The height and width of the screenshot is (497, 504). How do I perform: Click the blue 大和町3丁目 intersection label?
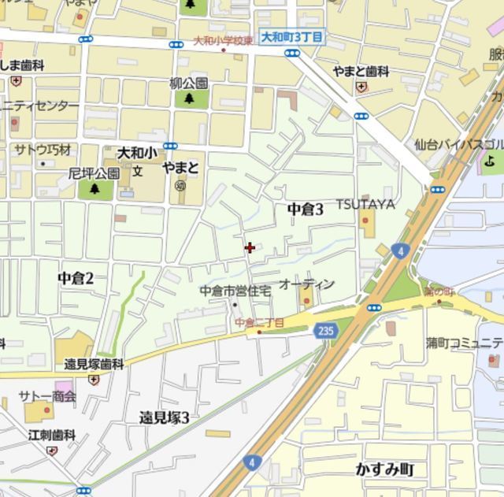(x=291, y=37)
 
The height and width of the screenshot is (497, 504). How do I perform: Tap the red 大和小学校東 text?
(x=224, y=41)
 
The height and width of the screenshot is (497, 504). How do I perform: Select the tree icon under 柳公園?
(x=190, y=98)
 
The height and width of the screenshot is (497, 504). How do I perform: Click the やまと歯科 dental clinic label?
(x=361, y=72)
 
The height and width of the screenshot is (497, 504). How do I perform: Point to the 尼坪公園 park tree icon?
(x=94, y=189)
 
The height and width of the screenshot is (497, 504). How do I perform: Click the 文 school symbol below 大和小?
(x=137, y=170)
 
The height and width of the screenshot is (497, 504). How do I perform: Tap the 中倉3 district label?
(x=306, y=209)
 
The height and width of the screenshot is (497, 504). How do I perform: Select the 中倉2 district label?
(x=76, y=278)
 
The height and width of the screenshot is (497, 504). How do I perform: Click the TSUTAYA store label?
(x=365, y=204)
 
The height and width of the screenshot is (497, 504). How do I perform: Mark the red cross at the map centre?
(x=250, y=248)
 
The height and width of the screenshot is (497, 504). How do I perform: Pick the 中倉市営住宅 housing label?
(x=235, y=291)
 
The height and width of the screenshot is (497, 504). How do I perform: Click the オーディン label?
(x=307, y=284)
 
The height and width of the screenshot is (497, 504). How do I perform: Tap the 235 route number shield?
(x=324, y=332)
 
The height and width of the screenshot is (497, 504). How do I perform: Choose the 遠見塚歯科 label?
(x=94, y=364)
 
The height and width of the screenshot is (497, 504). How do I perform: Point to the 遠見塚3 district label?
(x=165, y=417)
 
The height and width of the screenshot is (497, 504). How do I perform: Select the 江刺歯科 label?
(x=52, y=435)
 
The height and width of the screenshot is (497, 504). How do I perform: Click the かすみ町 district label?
(x=385, y=469)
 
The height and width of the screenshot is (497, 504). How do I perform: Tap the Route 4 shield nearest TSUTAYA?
(x=402, y=251)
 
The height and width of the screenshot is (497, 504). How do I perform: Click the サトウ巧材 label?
(x=43, y=150)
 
